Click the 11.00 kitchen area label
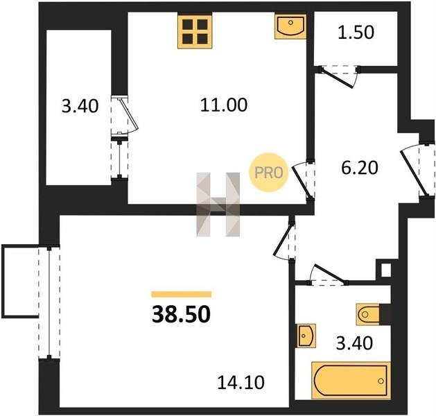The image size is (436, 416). [224, 105]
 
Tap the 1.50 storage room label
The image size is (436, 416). [356, 33]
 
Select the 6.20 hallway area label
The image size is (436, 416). [360, 168]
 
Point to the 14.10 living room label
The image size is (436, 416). [241, 382]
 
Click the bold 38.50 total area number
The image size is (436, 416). [181, 314]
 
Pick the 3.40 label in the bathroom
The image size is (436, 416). [354, 343]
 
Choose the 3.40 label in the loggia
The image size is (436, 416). [80, 106]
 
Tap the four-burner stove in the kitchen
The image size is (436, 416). [195, 32]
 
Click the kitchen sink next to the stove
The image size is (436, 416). [290, 27]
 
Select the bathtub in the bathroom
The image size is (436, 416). [351, 381]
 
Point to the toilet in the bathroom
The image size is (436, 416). [368, 315]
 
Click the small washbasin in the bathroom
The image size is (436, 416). [306, 336]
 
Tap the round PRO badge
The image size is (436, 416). [269, 173]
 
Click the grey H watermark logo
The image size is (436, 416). [218, 205]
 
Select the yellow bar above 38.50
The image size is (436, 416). [182, 294]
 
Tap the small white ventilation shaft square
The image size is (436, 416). [386, 270]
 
